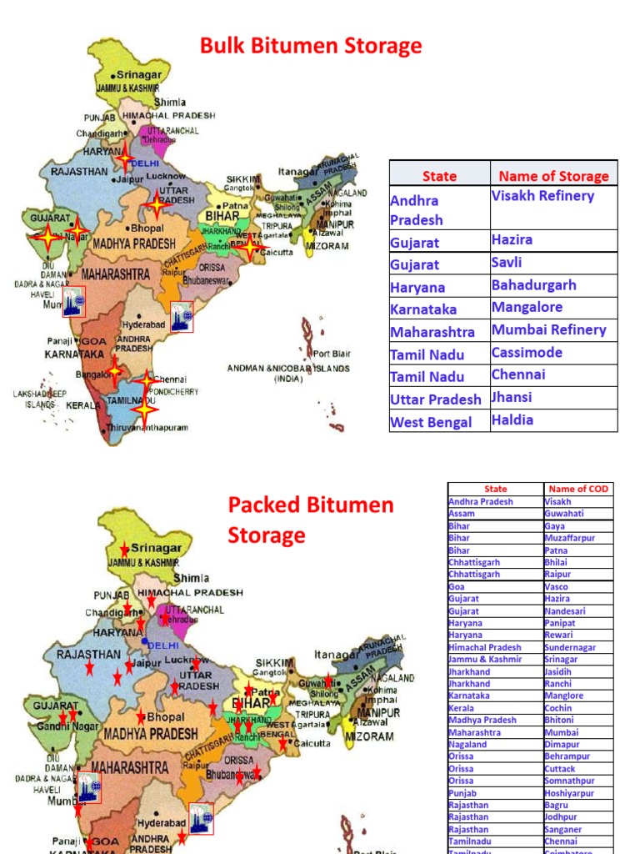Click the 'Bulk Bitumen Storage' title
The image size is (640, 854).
tap(311, 46)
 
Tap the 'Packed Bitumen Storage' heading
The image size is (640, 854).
tap(310, 520)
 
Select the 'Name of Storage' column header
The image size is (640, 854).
tap(553, 176)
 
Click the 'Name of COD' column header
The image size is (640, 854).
tap(578, 489)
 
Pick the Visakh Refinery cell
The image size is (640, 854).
tap(542, 196)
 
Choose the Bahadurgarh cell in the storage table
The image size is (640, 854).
tap(533, 285)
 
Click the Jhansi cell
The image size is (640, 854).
tap(512, 397)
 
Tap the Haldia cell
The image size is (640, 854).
tap(512, 420)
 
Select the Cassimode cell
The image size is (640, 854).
tap(527, 353)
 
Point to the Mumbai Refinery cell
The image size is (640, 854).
tap(548, 330)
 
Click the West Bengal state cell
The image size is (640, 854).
tap(431, 422)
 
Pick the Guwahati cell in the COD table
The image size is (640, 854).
tap(564, 514)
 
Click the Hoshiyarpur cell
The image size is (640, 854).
tap(569, 793)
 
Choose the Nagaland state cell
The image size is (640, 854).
tap(467, 744)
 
